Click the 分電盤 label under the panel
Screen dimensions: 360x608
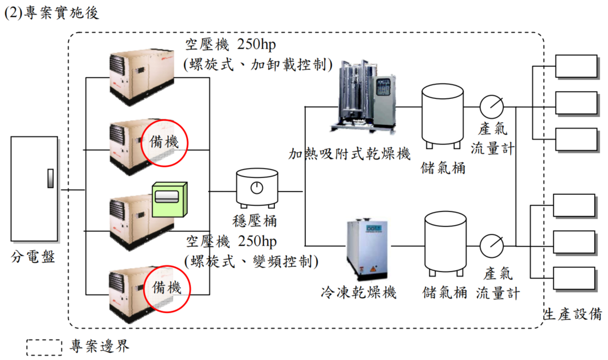(x=33, y=257)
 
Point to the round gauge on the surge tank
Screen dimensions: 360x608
(x=256, y=188)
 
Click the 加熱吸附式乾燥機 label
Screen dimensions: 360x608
(x=350, y=154)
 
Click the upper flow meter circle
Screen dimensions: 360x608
(x=491, y=107)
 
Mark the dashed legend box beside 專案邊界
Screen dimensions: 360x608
(x=44, y=347)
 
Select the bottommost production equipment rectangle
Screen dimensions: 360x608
(x=574, y=278)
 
